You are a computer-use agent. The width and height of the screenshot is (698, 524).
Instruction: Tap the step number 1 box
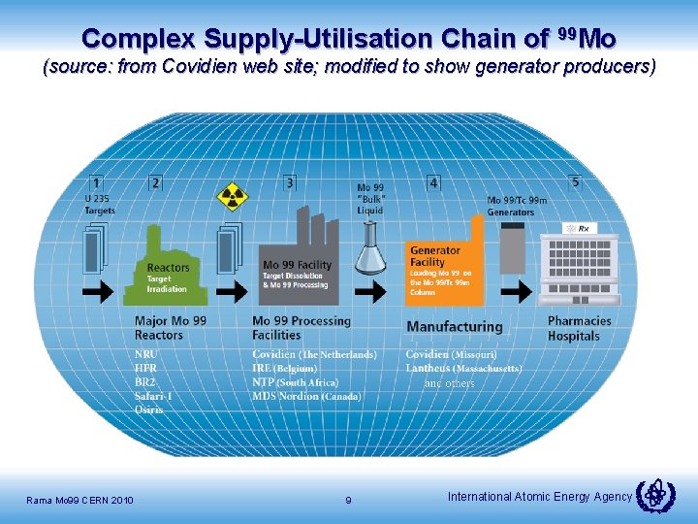(96, 181)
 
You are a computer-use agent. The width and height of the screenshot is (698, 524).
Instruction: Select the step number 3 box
(290, 181)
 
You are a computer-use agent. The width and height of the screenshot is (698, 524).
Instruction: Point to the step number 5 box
(575, 181)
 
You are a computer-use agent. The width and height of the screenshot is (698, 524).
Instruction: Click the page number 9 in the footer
(348, 500)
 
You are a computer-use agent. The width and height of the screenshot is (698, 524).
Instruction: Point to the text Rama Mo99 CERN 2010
(80, 500)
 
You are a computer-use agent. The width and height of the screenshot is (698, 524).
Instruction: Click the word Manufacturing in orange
(455, 327)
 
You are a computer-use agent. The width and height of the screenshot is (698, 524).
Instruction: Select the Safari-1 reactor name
(154, 396)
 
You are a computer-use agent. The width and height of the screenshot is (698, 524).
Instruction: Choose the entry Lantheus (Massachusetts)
(463, 369)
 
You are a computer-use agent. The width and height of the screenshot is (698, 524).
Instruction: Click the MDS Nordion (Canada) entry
(307, 396)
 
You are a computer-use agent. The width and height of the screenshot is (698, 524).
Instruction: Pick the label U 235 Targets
(100, 205)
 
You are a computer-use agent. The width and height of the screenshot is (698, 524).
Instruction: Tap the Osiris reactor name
(149, 409)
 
